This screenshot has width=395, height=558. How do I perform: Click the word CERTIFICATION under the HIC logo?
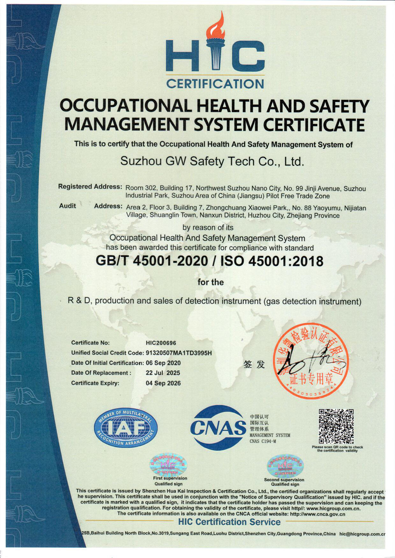click(x=215, y=84)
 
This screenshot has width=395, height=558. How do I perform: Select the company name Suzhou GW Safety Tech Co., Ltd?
click(x=212, y=161)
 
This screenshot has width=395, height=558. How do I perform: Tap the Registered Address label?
click(x=90, y=187)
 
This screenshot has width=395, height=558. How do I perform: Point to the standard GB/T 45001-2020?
click(x=152, y=261)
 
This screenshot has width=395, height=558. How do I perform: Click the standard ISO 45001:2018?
click(x=272, y=261)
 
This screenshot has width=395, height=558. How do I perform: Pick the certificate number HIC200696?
click(x=161, y=343)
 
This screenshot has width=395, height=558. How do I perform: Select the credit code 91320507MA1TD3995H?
click(x=179, y=353)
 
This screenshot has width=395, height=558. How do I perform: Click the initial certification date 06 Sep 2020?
click(x=163, y=363)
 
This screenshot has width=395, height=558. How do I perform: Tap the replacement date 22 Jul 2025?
click(x=163, y=373)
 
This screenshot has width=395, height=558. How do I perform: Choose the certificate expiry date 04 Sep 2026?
click(x=163, y=383)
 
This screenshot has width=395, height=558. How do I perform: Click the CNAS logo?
click(x=218, y=428)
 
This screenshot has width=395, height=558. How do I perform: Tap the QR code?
click(x=336, y=426)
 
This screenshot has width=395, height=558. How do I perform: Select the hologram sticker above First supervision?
click(x=169, y=465)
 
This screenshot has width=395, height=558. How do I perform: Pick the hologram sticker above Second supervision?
click(x=285, y=466)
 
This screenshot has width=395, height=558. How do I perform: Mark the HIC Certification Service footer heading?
click(x=229, y=522)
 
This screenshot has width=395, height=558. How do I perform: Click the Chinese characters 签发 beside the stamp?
click(x=254, y=364)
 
